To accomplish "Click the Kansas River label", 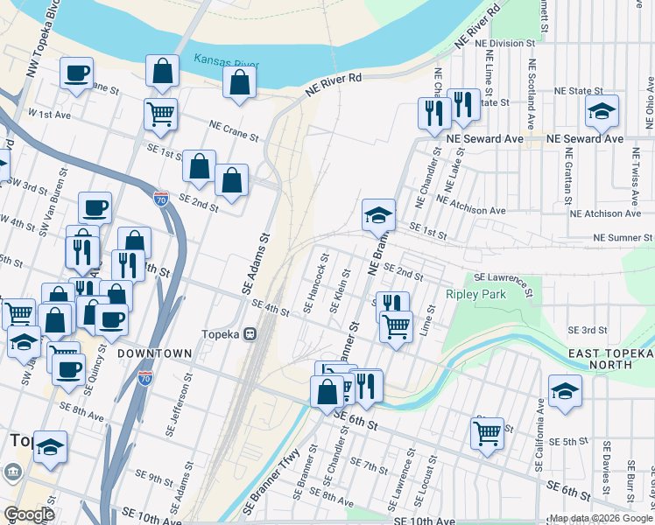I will click(227, 63).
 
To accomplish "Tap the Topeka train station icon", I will click(250, 333).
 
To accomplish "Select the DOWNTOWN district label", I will click(155, 353).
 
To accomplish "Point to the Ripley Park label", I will click(476, 295).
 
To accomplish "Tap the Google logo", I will click(29, 514).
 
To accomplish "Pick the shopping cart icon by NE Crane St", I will click(160, 113).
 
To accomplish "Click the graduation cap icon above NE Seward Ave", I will click(602, 110).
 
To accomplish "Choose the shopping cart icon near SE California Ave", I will click(487, 432).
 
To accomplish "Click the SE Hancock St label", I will click(315, 283).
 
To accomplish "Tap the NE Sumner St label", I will click(623, 237).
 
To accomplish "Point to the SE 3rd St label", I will click(588, 330).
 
